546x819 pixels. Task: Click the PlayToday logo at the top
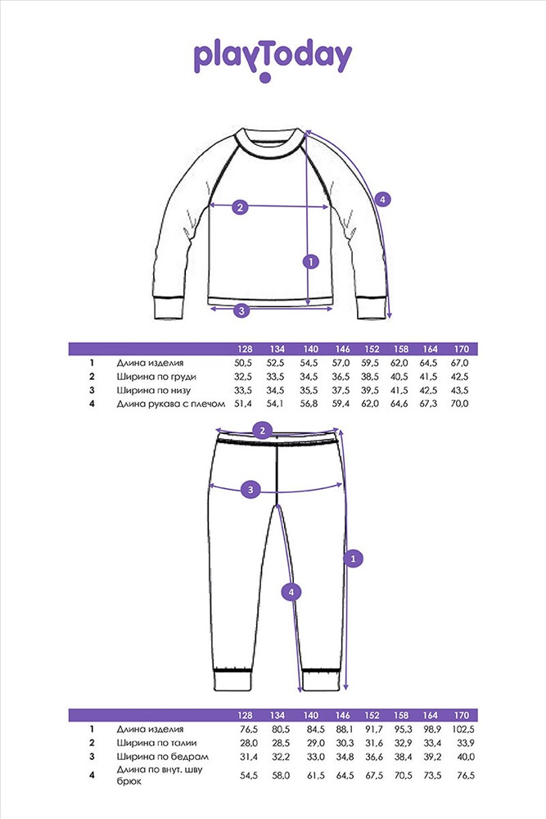(273, 60)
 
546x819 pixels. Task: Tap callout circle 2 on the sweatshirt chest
(240, 207)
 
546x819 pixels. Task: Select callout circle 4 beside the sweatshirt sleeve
(382, 199)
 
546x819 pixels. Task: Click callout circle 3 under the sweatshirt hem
(241, 310)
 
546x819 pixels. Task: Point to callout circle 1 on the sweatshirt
(310, 261)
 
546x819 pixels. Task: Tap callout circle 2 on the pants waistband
(262, 431)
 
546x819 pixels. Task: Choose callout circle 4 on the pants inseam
(291, 592)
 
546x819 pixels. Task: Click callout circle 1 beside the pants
(354, 559)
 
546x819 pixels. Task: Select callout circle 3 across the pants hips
(250, 490)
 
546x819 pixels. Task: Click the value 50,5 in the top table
(243, 363)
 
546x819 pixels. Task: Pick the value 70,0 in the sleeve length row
(459, 404)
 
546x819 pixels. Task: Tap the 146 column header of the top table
(342, 349)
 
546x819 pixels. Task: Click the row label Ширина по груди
(156, 377)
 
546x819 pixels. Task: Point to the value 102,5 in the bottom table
(463, 729)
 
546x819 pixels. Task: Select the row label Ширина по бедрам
(162, 756)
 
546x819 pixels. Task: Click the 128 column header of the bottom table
(244, 715)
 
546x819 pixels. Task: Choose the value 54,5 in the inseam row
(249, 776)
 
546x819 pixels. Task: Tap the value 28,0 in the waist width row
(249, 743)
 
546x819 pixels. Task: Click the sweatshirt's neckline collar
(268, 144)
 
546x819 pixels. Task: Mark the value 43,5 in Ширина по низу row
(459, 390)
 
